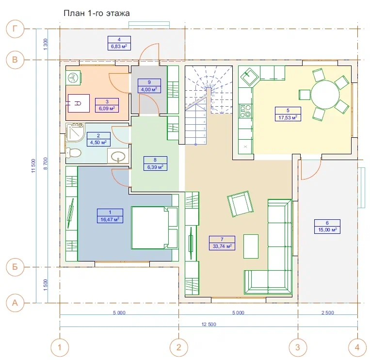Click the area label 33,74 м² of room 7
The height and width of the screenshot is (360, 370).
pos(222,246)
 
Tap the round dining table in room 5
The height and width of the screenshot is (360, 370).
pos(325,95)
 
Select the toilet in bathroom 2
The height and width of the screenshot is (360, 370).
pos(73,153)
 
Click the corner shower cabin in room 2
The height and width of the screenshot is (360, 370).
pos(75,132)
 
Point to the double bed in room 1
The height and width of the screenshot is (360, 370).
pos(155,228)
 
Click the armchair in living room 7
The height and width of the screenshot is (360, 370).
pos(240,204)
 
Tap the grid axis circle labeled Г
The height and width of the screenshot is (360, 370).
pos(15,29)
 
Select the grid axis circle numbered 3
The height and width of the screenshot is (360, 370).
pos(298,347)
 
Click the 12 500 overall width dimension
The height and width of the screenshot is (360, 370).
pos(209,325)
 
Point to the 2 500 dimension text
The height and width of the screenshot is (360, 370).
pos(327,313)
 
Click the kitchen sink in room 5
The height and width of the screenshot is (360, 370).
pos(249,77)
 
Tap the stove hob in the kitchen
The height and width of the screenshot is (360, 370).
pos(245,111)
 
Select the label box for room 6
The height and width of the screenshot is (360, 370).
pos(327,227)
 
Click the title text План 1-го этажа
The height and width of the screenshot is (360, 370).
pos(97,13)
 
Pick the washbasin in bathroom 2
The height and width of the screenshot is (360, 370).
pos(118,156)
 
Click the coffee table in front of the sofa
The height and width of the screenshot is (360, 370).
pos(251,246)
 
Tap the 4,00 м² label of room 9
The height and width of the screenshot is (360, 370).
pos(149,90)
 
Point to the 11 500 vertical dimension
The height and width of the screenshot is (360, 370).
pos(33,166)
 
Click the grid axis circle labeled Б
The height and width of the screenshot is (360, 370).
pos(15,267)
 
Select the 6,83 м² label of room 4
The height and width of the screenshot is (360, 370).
pos(119,47)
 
